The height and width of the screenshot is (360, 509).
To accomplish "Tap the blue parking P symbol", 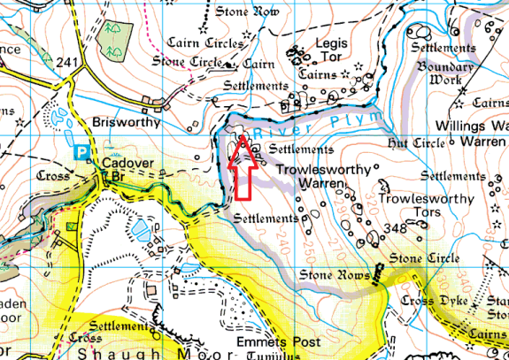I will pyautogui.click(x=82, y=152).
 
